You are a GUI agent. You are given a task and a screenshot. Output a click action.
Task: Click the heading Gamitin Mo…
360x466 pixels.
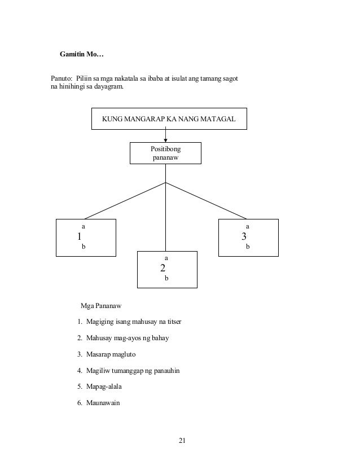82,55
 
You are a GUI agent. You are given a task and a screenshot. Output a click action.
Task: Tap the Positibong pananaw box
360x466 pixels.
165,153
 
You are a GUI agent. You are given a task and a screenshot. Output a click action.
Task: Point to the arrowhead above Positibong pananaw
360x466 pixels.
165,140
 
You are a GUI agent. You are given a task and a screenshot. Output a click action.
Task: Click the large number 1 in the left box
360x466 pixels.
80,236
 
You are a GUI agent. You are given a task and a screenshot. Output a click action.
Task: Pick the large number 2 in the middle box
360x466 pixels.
163,267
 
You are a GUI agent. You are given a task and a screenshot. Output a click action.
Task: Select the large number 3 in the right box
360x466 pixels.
244,236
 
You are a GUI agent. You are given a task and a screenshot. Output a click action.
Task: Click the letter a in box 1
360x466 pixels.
84,226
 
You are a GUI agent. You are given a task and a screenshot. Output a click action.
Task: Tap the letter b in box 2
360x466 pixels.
166,279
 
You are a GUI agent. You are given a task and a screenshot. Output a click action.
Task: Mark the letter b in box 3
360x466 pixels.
248,247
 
